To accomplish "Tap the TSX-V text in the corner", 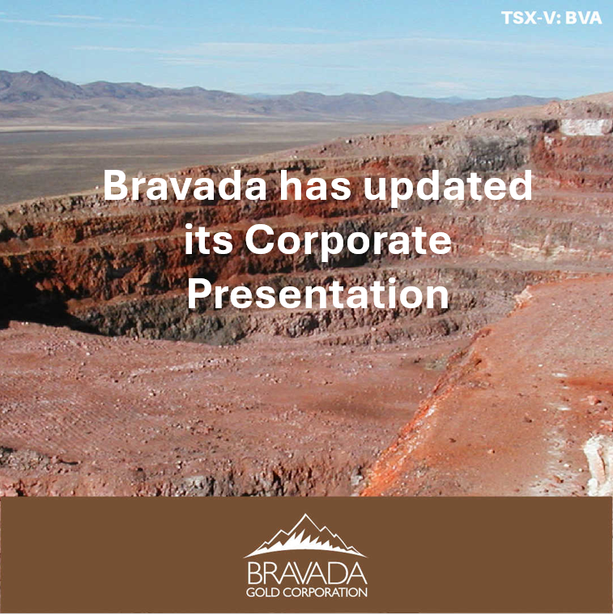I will [530, 18].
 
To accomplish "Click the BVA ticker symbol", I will [585, 18].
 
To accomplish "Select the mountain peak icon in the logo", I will [305, 536].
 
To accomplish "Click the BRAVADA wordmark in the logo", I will [305, 574].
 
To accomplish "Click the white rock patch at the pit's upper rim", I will [585, 127].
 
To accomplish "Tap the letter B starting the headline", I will [116, 188].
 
